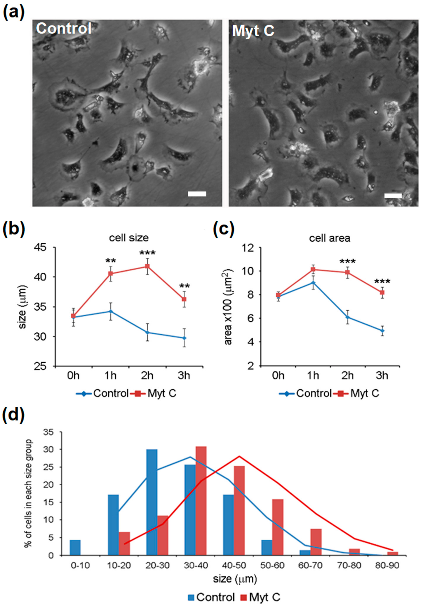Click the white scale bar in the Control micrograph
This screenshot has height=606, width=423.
click(197, 194)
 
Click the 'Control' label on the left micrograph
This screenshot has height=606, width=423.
click(64, 28)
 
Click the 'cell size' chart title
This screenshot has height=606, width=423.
click(129, 238)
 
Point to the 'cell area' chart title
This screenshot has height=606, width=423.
click(330, 238)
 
